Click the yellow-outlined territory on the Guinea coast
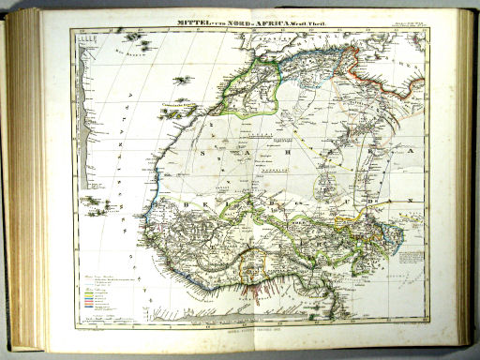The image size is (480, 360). [247, 272]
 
